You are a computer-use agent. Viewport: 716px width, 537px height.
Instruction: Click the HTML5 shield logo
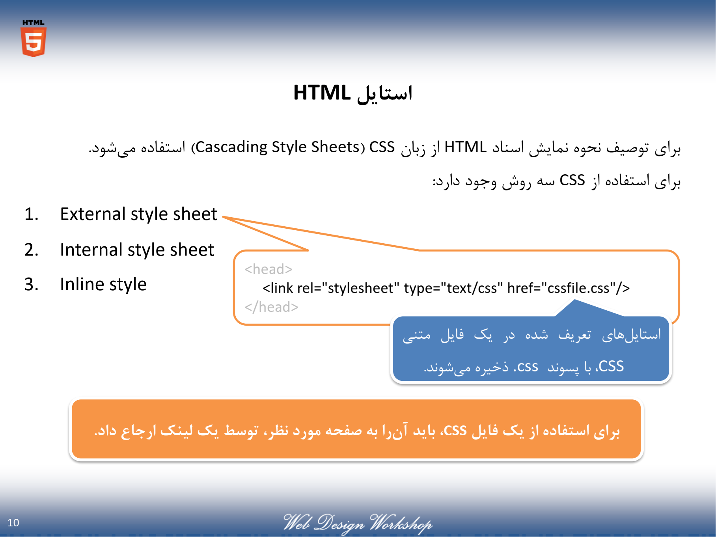34,38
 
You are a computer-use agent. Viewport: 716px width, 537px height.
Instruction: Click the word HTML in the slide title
322,93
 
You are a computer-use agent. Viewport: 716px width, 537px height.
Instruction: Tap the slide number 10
13,522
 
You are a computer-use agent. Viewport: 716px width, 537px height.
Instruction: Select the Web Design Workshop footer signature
358,523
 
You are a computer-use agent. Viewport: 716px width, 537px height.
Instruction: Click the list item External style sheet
138,214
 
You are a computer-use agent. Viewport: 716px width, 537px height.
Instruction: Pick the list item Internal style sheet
137,250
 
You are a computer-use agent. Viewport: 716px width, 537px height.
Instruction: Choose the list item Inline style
103,284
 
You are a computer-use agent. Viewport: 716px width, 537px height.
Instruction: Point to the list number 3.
31,284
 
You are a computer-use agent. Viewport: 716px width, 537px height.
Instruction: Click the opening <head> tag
268,269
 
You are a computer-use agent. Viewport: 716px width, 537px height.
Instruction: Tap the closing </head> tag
271,307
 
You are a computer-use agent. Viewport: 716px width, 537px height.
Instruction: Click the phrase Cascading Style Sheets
278,147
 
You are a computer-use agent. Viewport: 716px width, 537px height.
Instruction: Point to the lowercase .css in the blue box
526,367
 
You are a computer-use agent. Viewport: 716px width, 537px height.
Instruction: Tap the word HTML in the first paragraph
466,147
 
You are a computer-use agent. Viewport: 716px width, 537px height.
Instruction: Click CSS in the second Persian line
572,180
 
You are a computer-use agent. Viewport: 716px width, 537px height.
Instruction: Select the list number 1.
31,214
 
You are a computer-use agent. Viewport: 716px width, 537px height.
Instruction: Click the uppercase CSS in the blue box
612,366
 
